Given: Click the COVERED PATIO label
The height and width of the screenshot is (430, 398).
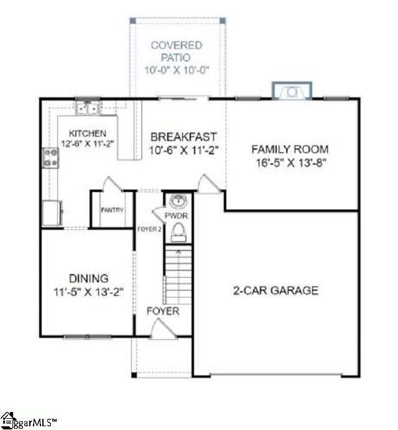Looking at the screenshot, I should [177, 51].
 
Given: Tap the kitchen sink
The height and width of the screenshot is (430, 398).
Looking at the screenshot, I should [88, 109].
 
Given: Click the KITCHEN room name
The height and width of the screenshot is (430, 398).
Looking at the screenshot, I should [87, 133].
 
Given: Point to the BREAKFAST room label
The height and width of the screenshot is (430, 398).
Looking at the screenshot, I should [183, 137].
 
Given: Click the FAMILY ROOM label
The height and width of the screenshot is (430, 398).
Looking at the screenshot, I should [290, 149].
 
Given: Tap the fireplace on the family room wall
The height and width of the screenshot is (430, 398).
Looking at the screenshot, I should [290, 92].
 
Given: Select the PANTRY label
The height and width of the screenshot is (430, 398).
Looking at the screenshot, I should [112, 210].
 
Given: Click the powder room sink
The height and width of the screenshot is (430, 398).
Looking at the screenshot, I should [179, 201].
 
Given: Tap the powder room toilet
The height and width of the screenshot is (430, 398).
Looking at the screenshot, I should [179, 232].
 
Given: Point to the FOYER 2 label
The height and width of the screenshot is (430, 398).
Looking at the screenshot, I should [149, 229].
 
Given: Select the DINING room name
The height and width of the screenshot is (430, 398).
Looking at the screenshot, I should [89, 278].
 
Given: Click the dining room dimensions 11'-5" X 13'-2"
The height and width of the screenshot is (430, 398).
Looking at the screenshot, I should [89, 291].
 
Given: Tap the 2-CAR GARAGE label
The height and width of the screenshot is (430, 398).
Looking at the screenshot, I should [276, 290].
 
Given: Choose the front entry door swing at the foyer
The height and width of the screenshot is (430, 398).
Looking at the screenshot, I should [164, 329].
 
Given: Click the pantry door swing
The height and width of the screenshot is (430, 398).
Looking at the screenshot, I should [110, 184].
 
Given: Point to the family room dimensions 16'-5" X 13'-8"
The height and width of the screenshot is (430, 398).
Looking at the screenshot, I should [290, 163].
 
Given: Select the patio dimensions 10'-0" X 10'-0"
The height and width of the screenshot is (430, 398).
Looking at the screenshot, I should [177, 70].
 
